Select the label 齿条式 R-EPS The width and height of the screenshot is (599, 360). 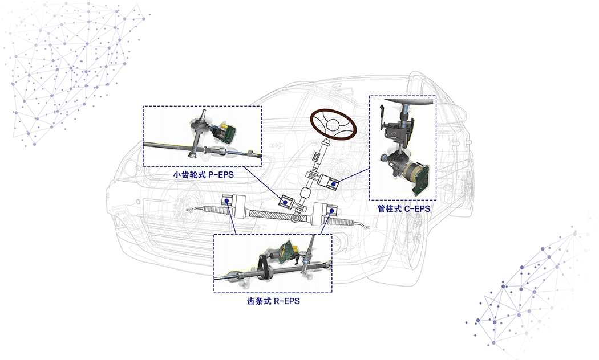point(273,301)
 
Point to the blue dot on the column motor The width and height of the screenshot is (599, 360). point(333,184)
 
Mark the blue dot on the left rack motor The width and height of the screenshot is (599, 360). point(227,201)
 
